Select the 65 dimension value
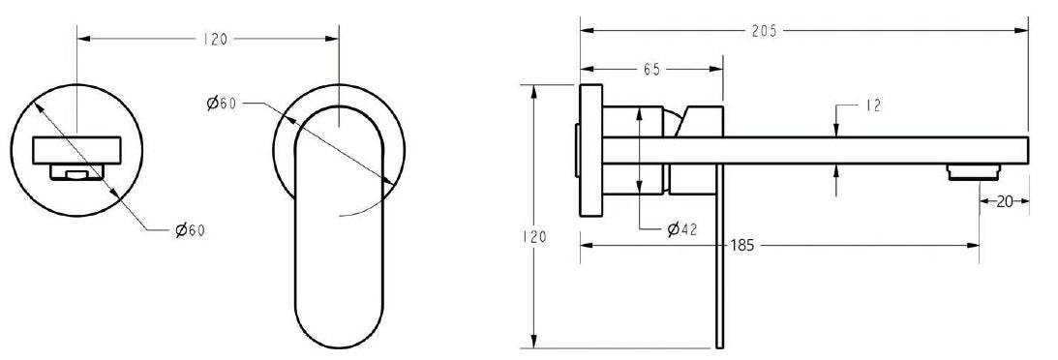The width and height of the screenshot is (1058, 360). tap(651, 70)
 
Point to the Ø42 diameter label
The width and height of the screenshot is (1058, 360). tap(683, 229)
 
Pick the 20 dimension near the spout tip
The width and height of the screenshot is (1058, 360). tap(1003, 201)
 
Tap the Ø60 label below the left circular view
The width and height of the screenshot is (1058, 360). tap(190, 230)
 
